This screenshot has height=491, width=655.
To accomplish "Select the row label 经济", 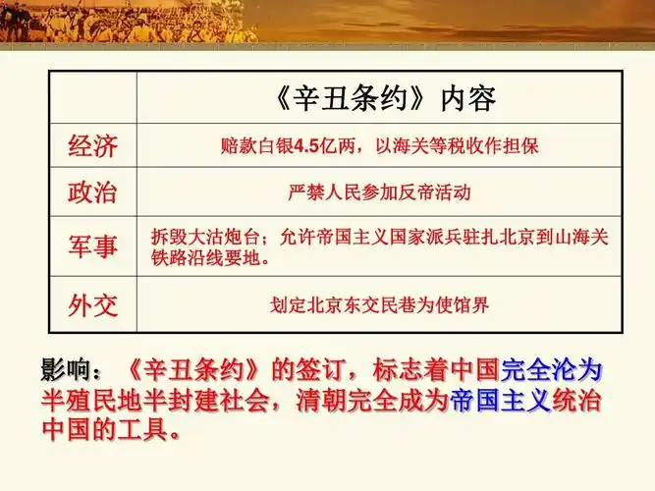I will coord(92,146).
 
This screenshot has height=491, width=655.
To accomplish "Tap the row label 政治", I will coord(92,192).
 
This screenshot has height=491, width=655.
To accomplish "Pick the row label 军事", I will coord(92,246).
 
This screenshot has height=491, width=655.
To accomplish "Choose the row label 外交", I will coord(92,304).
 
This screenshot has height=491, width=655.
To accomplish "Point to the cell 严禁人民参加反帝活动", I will coord(379,192).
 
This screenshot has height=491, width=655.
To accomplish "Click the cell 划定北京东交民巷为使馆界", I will coord(379,304).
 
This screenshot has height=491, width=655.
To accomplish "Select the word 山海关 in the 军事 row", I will coord(587,236).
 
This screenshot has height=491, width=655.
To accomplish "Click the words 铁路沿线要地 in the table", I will coord(209,258).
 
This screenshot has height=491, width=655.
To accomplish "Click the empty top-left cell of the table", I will coord(92,98).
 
